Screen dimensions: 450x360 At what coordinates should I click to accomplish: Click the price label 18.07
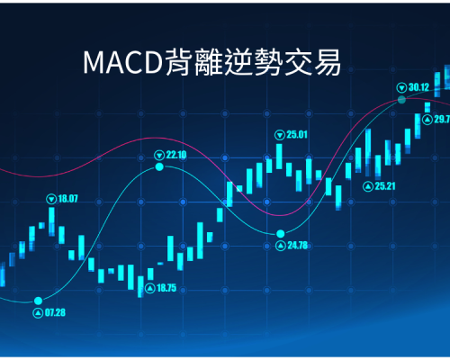click(67, 199)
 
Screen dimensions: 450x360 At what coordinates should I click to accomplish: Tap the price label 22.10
click(176, 155)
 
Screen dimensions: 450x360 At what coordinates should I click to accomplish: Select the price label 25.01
click(297, 135)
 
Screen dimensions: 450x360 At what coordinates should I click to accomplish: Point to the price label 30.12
click(418, 87)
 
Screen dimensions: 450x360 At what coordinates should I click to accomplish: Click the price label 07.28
click(55, 312)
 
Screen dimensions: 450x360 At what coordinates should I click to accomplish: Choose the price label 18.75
click(166, 288)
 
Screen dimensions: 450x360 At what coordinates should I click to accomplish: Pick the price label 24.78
click(298, 246)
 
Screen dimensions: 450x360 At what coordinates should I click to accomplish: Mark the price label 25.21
click(385, 186)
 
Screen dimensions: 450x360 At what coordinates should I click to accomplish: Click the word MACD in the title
click(122, 62)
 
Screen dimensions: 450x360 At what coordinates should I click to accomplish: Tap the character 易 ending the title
click(328, 62)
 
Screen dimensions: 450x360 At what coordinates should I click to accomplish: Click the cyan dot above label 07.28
click(38, 301)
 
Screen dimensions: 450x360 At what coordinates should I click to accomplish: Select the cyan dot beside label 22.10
click(159, 166)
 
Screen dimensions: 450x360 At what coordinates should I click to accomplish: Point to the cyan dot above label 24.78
click(281, 233)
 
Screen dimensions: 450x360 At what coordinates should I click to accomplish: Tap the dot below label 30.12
click(401, 100)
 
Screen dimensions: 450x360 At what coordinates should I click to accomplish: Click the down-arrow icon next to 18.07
click(51, 199)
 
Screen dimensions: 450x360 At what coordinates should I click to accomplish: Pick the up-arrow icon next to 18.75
click(150, 288)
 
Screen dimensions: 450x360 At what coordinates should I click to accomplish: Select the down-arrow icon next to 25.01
click(280, 135)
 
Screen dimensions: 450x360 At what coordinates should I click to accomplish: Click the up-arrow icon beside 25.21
click(368, 186)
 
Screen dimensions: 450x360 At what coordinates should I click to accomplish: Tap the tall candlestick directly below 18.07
click(51, 221)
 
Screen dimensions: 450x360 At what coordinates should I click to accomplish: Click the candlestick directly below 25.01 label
click(279, 157)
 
